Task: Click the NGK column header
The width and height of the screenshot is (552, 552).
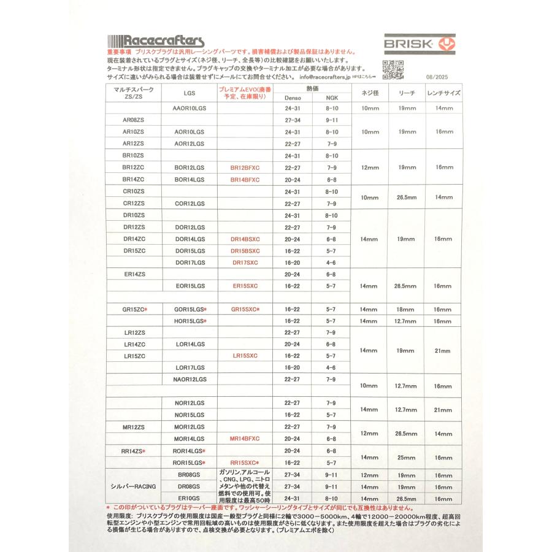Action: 331,98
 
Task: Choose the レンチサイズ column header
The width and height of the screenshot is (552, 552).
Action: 443,93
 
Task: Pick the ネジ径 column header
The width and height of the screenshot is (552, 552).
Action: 370,93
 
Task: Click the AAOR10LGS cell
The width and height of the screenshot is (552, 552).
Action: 190,109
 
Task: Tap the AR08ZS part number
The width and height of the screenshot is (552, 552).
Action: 134,120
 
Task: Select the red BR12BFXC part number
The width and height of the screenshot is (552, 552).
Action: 245,167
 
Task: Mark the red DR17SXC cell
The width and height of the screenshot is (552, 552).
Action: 245,263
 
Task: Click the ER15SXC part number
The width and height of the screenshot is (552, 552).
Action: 245,286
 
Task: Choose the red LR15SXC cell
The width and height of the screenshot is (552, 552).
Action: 245,356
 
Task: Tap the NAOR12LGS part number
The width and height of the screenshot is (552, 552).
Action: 190,380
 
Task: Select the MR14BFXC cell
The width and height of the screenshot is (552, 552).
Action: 245,439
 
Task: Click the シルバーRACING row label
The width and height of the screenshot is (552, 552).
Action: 134,486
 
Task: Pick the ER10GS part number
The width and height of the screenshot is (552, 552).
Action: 190,498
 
